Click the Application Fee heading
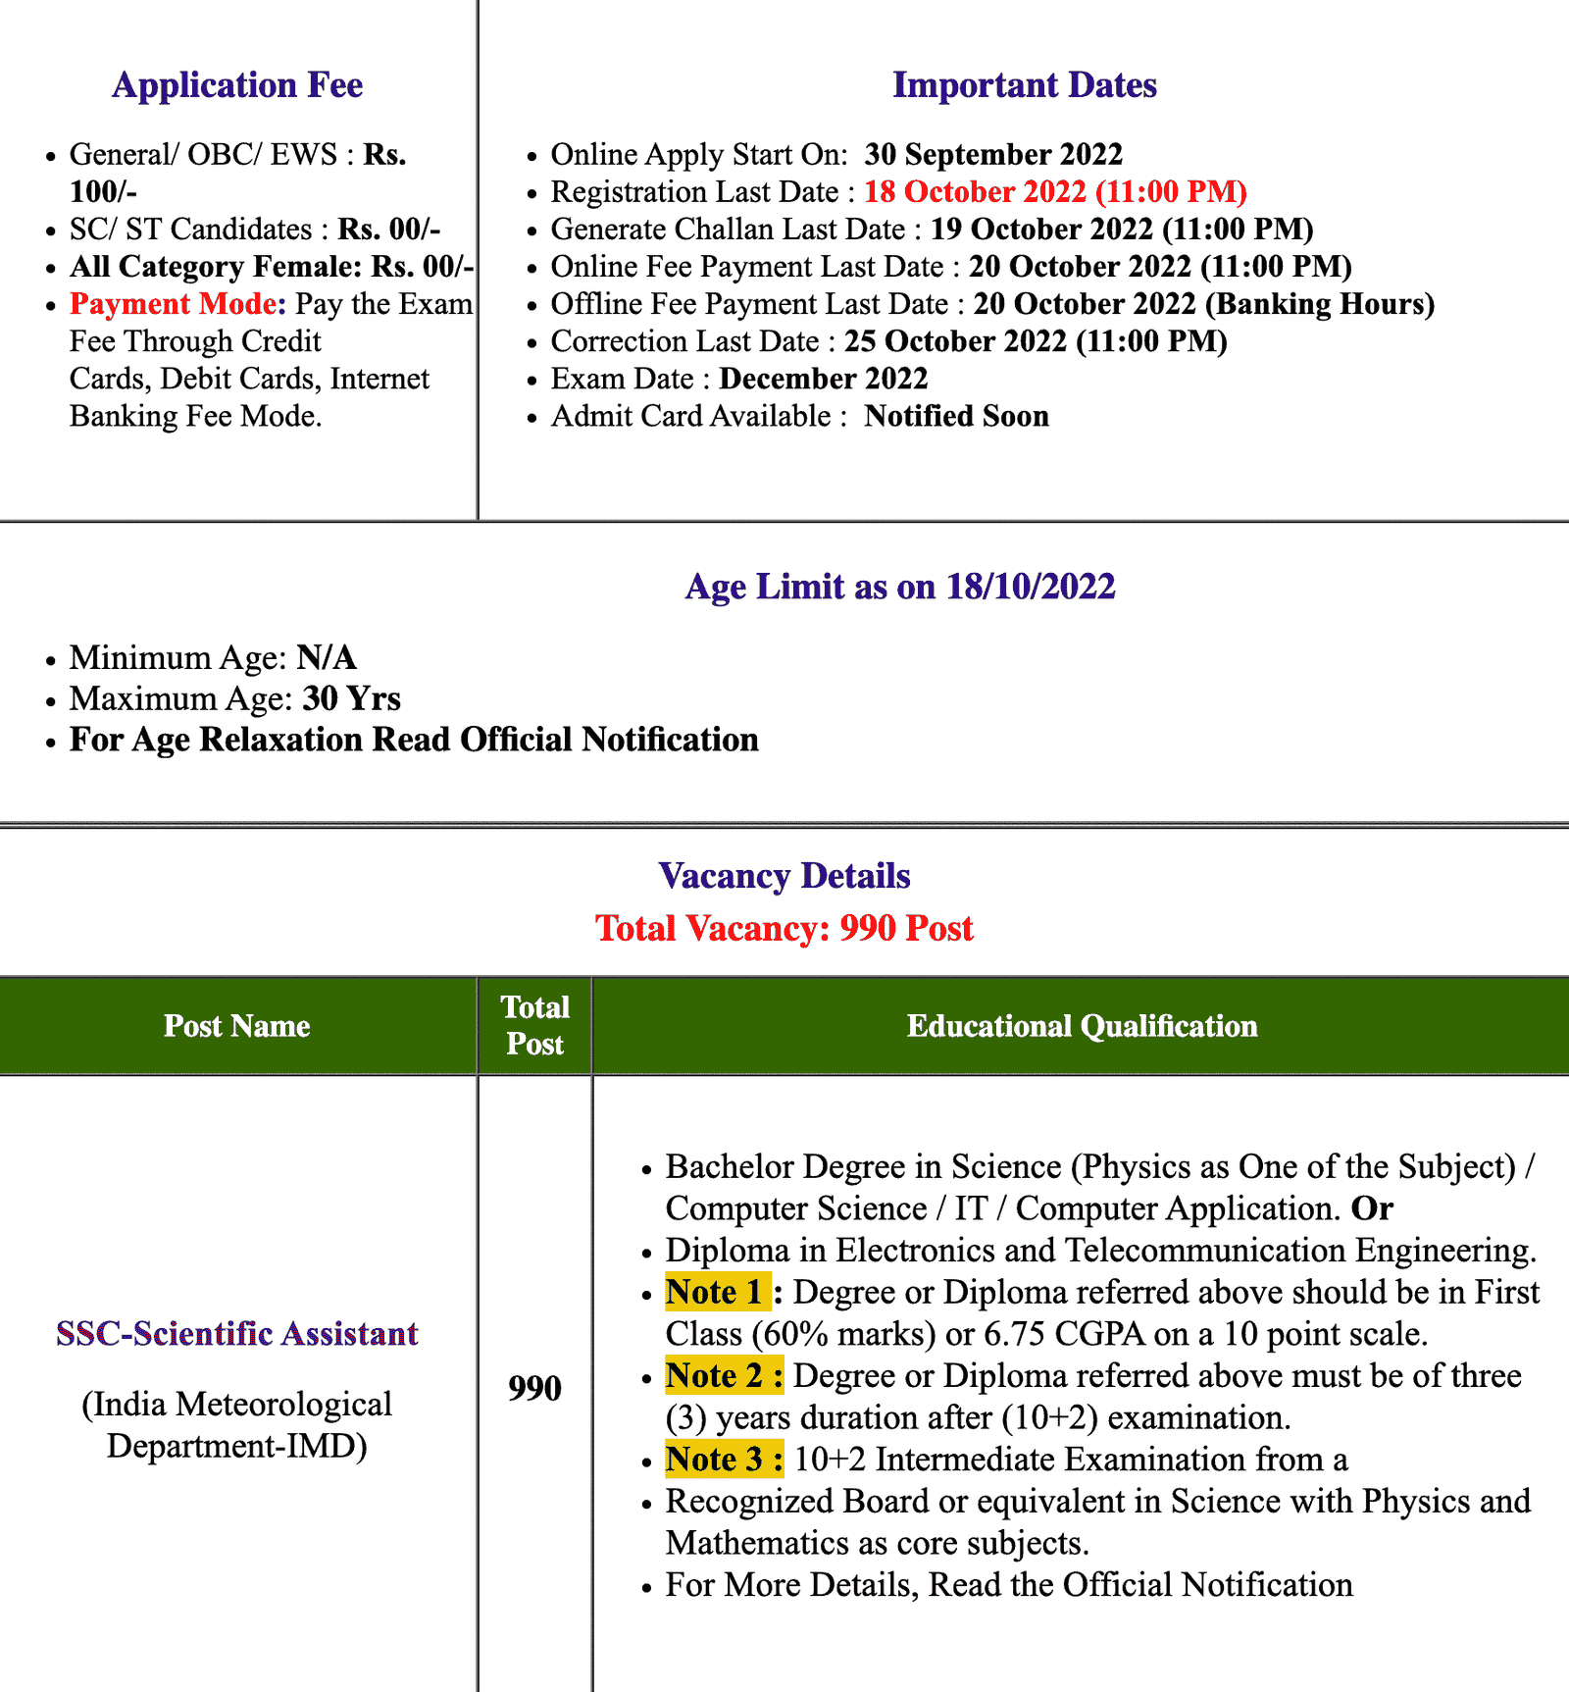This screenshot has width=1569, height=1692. (237, 85)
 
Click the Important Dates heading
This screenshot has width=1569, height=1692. (1024, 85)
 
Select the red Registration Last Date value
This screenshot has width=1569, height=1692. (1055, 192)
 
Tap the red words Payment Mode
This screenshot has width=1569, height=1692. (177, 304)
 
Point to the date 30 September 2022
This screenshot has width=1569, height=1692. (993, 155)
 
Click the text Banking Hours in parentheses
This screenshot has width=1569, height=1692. (1319, 304)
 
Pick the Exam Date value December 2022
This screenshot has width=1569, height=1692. (823, 379)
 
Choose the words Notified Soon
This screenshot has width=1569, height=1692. (956, 416)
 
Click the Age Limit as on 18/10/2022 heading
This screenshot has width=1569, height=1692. (900, 587)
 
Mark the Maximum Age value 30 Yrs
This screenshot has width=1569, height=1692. (351, 698)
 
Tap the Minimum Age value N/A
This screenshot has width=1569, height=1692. (327, 657)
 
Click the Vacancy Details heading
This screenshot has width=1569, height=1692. (784, 876)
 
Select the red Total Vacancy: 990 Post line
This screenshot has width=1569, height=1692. (784, 928)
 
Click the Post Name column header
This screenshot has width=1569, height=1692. (237, 1026)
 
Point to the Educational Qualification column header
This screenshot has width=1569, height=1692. (1082, 1026)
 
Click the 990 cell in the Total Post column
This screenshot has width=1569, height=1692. (534, 1388)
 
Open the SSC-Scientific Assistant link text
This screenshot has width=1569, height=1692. (237, 1334)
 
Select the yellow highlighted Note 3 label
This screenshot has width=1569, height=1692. (724, 1460)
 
